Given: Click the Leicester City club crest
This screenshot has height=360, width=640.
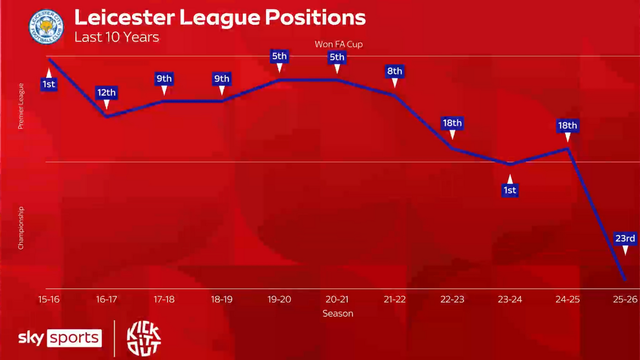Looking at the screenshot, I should pos(46,27).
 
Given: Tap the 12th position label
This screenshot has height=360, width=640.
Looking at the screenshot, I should pos(106,93).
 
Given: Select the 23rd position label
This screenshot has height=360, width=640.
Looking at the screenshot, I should pos(625,238).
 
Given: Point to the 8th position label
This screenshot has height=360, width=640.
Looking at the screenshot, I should pos(395,71).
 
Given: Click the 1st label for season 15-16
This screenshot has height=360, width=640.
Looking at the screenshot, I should pos(49,84).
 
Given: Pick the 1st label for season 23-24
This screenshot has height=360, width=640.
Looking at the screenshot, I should pos(509,190).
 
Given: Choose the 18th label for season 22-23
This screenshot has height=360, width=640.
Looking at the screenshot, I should pos(452,123).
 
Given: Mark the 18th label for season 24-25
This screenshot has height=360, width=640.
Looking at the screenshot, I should pos(567,126).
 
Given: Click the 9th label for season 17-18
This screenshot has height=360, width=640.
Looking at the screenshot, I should pos(164,79).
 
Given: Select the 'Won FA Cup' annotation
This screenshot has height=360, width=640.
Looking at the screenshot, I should pos(338,44).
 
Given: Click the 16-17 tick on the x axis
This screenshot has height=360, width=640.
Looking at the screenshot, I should pos(106,299).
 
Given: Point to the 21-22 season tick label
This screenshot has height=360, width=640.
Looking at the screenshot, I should pos(395,299).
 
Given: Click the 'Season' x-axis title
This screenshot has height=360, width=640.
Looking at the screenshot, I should pos(338,314).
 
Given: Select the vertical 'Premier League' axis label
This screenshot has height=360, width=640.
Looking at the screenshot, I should pos(21,106).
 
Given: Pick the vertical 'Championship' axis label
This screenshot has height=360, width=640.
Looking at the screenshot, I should pos(21,228).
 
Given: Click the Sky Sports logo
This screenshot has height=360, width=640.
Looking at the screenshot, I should pos(60,338).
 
